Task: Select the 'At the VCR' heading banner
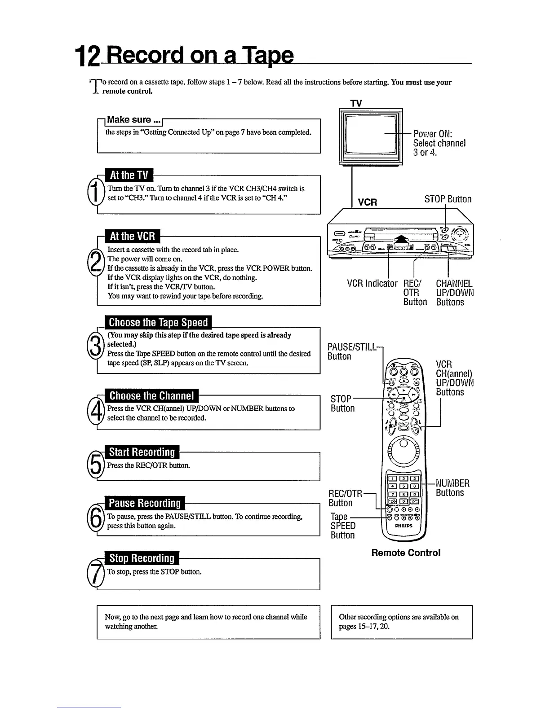click(132, 237)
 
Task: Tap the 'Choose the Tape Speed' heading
click(158, 323)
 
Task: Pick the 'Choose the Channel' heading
click(151, 396)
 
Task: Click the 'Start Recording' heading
click(142, 452)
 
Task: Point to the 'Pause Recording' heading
click(145, 503)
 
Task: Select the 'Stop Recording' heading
click(142, 558)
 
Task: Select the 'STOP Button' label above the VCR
click(448, 199)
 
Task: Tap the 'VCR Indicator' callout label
click(372, 284)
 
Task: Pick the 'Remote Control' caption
click(406, 553)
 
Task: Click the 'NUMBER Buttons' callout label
click(452, 488)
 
